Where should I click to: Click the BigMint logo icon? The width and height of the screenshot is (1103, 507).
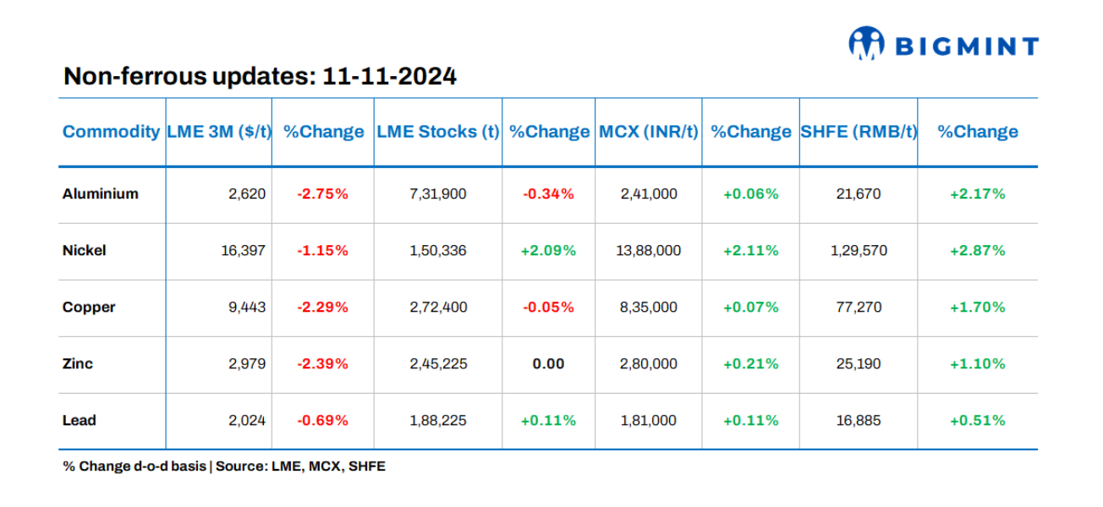click(x=866, y=43)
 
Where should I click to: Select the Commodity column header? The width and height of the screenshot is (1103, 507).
click(x=111, y=132)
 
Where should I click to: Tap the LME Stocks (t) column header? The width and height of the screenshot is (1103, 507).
click(x=437, y=132)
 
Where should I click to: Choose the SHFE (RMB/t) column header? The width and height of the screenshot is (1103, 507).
click(x=859, y=132)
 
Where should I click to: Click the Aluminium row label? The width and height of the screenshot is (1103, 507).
click(x=100, y=194)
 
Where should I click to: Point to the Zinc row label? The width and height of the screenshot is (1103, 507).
click(x=78, y=364)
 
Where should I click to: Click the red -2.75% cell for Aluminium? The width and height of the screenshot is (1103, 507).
click(x=322, y=194)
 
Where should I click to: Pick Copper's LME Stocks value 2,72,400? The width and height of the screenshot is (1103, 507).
click(x=437, y=308)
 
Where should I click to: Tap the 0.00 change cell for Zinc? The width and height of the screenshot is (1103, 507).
click(x=548, y=364)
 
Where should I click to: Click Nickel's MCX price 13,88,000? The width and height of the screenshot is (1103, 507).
click(x=649, y=251)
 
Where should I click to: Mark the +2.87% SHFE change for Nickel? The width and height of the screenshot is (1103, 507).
click(x=977, y=251)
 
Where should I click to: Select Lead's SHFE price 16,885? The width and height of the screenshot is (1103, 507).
click(x=858, y=421)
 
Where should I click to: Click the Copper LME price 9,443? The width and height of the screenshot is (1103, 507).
click(x=246, y=308)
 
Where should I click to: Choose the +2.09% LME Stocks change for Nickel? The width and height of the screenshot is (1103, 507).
click(x=548, y=251)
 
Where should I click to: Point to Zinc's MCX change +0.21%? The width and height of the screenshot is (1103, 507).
click(x=750, y=364)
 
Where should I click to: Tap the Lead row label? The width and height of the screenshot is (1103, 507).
click(x=79, y=421)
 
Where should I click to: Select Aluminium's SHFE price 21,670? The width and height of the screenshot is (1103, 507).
click(x=858, y=194)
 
